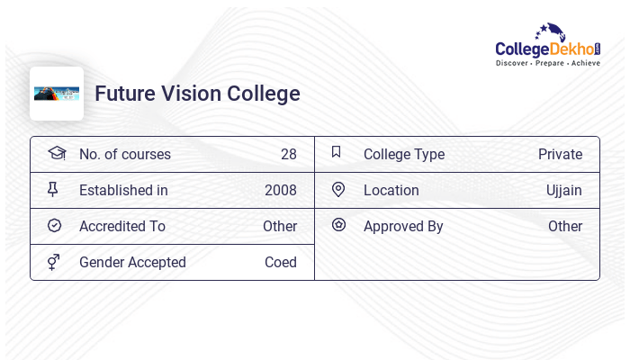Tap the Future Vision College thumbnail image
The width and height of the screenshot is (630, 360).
pyautogui.click(x=57, y=94)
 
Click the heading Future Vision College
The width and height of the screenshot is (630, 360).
pyautogui.click(x=197, y=94)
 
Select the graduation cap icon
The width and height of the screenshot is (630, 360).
pyautogui.click(x=56, y=153)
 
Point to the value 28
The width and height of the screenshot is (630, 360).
pyautogui.click(x=288, y=154)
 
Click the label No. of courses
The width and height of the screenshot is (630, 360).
pyautogui.click(x=124, y=154)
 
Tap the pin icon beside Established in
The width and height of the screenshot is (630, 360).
pyautogui.click(x=55, y=190)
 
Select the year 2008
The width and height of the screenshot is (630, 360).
pyautogui.click(x=280, y=190)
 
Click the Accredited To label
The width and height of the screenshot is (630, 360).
pyautogui.click(x=121, y=226)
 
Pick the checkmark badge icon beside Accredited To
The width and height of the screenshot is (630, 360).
pyautogui.click(x=55, y=226)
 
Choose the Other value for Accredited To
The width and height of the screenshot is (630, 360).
pyautogui.click(x=279, y=226)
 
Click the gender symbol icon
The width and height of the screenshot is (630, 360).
pyautogui.click(x=55, y=262)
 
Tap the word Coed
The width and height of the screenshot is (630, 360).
pyautogui.click(x=280, y=262)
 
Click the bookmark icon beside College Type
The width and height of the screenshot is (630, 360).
pyautogui.click(x=337, y=153)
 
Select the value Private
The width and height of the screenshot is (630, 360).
pyautogui.click(x=560, y=154)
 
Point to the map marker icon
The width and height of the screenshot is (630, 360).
pyautogui.click(x=338, y=190)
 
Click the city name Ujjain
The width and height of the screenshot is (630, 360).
pyautogui.click(x=563, y=190)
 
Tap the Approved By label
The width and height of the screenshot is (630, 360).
pyautogui.click(x=403, y=226)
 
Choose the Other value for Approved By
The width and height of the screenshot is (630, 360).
pyautogui.click(x=564, y=226)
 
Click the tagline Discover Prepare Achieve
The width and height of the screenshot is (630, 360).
pyautogui.click(x=548, y=64)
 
